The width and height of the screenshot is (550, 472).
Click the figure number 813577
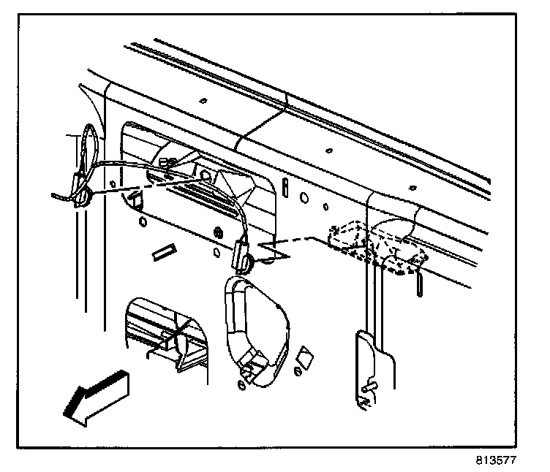504,462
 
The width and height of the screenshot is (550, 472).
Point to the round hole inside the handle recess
206,176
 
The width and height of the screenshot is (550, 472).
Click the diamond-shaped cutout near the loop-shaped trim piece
304,359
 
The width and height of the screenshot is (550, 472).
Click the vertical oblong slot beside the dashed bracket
418,283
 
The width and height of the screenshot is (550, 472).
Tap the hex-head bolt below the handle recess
217,233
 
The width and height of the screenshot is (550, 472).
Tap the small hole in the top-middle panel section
328,151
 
